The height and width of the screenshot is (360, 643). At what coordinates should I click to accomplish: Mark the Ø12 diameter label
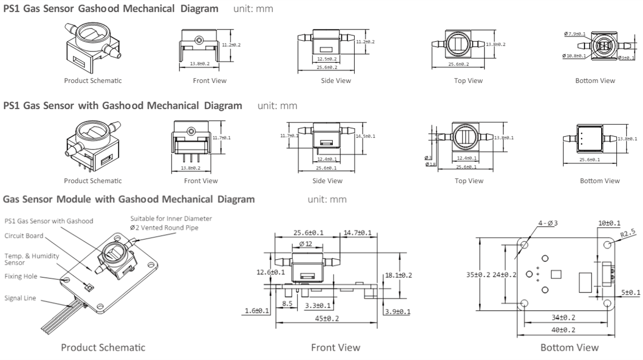(306, 244)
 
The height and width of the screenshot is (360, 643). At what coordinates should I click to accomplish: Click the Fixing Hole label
(21, 276)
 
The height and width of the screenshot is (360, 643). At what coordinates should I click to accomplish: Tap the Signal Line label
(20, 298)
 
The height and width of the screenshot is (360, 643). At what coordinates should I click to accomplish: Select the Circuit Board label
(24, 235)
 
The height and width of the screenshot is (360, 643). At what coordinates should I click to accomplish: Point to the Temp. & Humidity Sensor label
(31, 259)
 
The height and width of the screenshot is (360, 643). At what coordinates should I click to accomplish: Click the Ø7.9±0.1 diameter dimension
(574, 34)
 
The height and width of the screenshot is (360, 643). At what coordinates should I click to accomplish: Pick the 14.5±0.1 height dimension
(364, 136)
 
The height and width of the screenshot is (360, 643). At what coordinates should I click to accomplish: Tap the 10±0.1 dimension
(610, 222)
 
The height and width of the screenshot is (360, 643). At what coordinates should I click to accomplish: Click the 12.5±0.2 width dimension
(327, 59)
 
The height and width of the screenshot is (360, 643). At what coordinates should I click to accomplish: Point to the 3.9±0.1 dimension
(397, 311)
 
